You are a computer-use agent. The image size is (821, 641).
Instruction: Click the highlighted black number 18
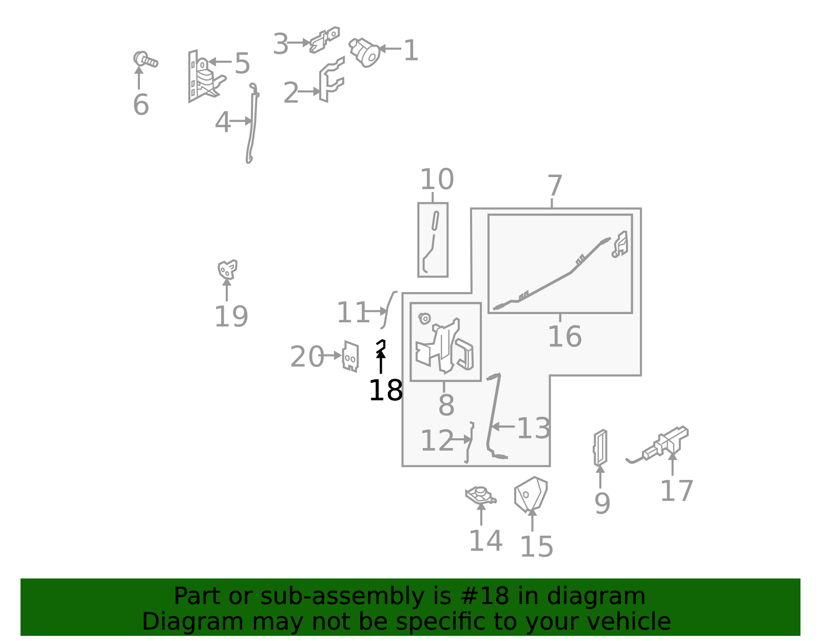point(386,390)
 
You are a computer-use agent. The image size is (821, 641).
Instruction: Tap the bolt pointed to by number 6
point(145,60)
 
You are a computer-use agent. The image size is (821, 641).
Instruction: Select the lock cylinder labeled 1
point(364,52)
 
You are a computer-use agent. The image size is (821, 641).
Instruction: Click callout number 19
point(231,317)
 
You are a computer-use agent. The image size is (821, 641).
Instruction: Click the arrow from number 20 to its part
point(330,356)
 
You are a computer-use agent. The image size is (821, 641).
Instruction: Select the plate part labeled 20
point(350,357)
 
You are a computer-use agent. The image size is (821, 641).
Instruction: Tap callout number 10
point(437,180)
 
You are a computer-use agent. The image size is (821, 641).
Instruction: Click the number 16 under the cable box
point(564,337)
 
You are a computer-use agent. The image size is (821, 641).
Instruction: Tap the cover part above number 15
point(531,494)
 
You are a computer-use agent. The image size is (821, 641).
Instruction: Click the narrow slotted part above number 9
point(600,448)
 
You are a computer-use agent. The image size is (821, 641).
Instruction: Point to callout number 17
point(676,491)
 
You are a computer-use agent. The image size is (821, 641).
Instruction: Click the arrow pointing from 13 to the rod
point(503,426)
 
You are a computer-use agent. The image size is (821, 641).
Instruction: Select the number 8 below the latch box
point(446,405)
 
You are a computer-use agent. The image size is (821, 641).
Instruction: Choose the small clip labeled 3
point(324,40)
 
